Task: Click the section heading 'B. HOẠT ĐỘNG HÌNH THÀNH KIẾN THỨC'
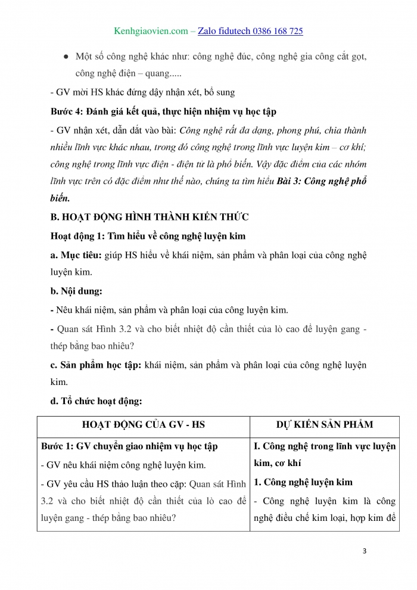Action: (x=150, y=217)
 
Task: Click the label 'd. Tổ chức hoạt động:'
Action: (x=96, y=401)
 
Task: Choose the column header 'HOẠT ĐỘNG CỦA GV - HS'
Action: (x=143, y=424)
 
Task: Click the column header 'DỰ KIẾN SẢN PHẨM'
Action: (x=325, y=424)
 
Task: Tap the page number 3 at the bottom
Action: (x=365, y=551)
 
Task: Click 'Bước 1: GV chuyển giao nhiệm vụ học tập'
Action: (x=129, y=446)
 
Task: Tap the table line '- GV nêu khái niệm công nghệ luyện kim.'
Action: (x=122, y=465)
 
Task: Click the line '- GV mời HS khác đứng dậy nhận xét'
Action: (x=142, y=92)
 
